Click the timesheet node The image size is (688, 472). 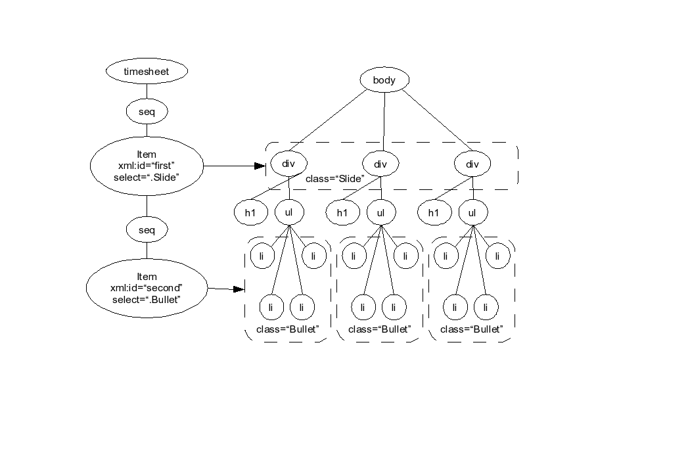coord(147,71)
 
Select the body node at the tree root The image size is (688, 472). coord(384,80)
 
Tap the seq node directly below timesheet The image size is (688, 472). coord(147,112)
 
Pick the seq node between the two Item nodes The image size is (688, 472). coord(147,230)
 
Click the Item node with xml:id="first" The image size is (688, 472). coord(147,166)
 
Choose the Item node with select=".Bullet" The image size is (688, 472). coord(147,288)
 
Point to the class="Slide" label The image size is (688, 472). coord(335,179)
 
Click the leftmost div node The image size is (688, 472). coord(288,164)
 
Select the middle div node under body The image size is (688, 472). coord(380,164)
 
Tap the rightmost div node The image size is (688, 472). coord(472,164)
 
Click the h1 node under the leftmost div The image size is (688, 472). coord(250,212)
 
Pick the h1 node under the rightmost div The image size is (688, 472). coord(434,212)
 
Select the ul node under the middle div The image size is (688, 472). coord(380,212)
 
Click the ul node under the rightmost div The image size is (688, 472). coord(472,212)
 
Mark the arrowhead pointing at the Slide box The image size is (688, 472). coord(260,166)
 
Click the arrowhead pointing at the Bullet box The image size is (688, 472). coord(239,289)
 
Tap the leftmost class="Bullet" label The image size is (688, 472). coord(288,329)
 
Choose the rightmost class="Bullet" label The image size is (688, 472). coord(472,329)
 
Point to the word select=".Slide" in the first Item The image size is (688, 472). coord(147,177)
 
